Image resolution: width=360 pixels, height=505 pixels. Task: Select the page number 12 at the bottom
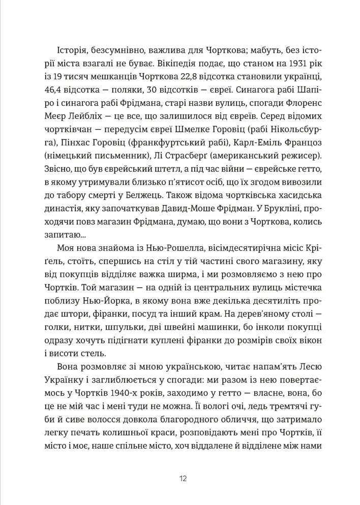click(183, 479)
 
